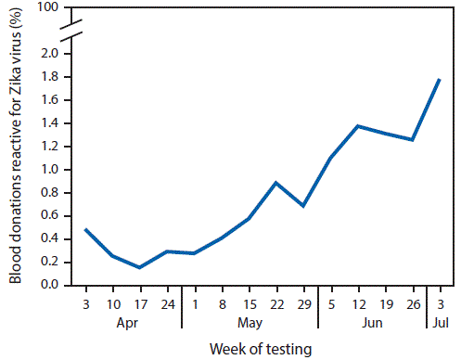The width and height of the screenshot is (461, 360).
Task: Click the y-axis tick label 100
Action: (x=48, y=8)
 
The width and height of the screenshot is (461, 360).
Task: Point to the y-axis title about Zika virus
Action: (x=16, y=158)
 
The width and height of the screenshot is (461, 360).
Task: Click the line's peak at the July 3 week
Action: (x=439, y=80)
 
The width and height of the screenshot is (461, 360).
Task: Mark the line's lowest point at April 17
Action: (x=140, y=267)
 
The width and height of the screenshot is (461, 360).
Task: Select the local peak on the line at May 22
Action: (x=275, y=182)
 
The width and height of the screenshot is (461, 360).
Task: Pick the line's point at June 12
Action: (x=357, y=125)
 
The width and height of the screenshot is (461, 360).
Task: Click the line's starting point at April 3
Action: (x=85, y=229)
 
